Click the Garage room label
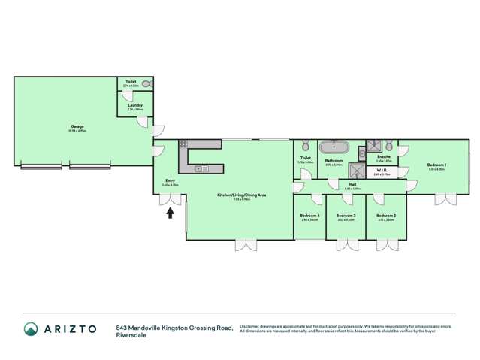click(77, 127)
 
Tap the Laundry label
click(135, 105)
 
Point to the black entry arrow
click(170, 213)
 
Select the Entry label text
click(170, 180)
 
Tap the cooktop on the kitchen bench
click(183, 144)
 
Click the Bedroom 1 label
click(436, 165)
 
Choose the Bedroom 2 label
click(387, 216)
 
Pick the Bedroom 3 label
click(346, 216)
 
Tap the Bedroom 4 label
click(309, 216)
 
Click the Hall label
click(352, 184)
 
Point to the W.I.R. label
click(382, 171)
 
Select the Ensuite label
click(384, 156)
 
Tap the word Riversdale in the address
click(131, 335)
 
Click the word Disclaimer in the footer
click(251, 325)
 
